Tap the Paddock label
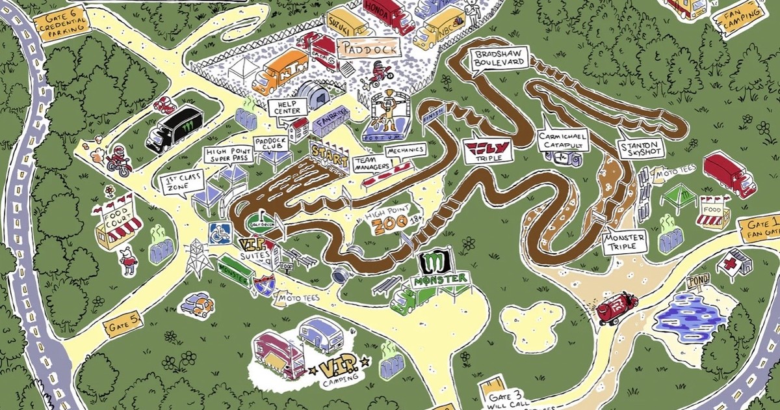coord(367,48)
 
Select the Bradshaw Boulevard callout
coord(499,59)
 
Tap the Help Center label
coord(287,107)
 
